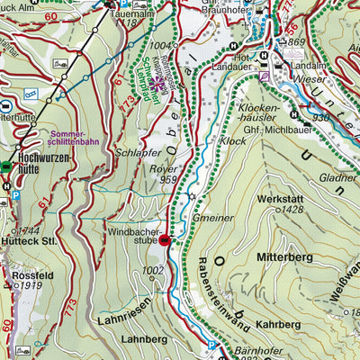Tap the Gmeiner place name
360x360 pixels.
click(213, 217)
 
